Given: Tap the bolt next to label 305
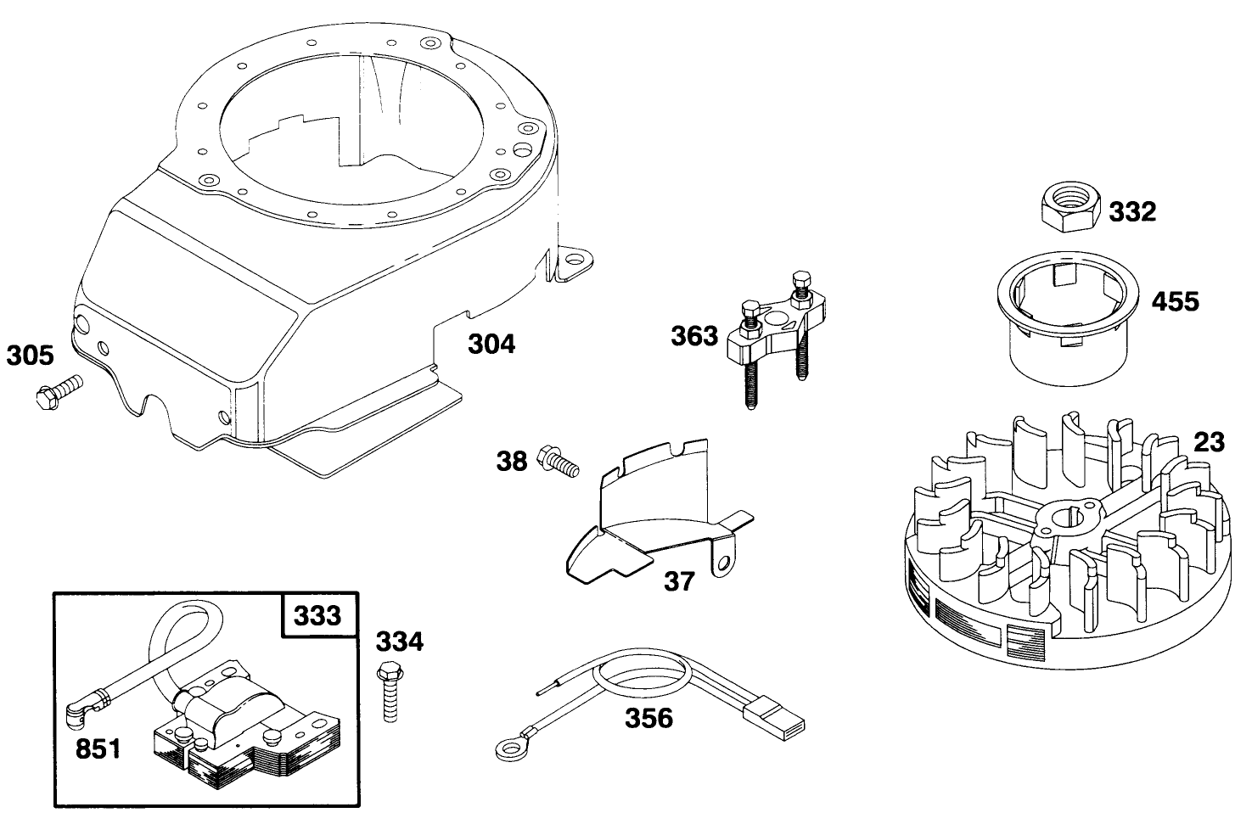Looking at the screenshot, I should tap(57, 393).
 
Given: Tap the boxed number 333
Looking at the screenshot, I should tap(317, 614).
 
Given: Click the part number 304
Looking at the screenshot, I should tap(491, 345).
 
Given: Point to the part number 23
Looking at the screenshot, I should tap(1209, 442).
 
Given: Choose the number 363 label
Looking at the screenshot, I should tap(694, 336).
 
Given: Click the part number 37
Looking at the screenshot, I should tap(679, 581).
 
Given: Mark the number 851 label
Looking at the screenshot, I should tap(98, 749).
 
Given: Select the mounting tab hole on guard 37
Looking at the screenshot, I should tap(723, 563).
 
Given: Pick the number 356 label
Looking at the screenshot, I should tap(648, 718).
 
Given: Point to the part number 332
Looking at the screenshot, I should tap(1132, 211).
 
